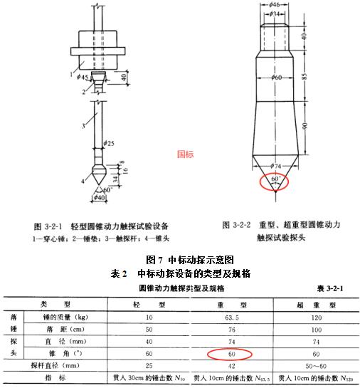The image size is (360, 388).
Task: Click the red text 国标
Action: [184, 153]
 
